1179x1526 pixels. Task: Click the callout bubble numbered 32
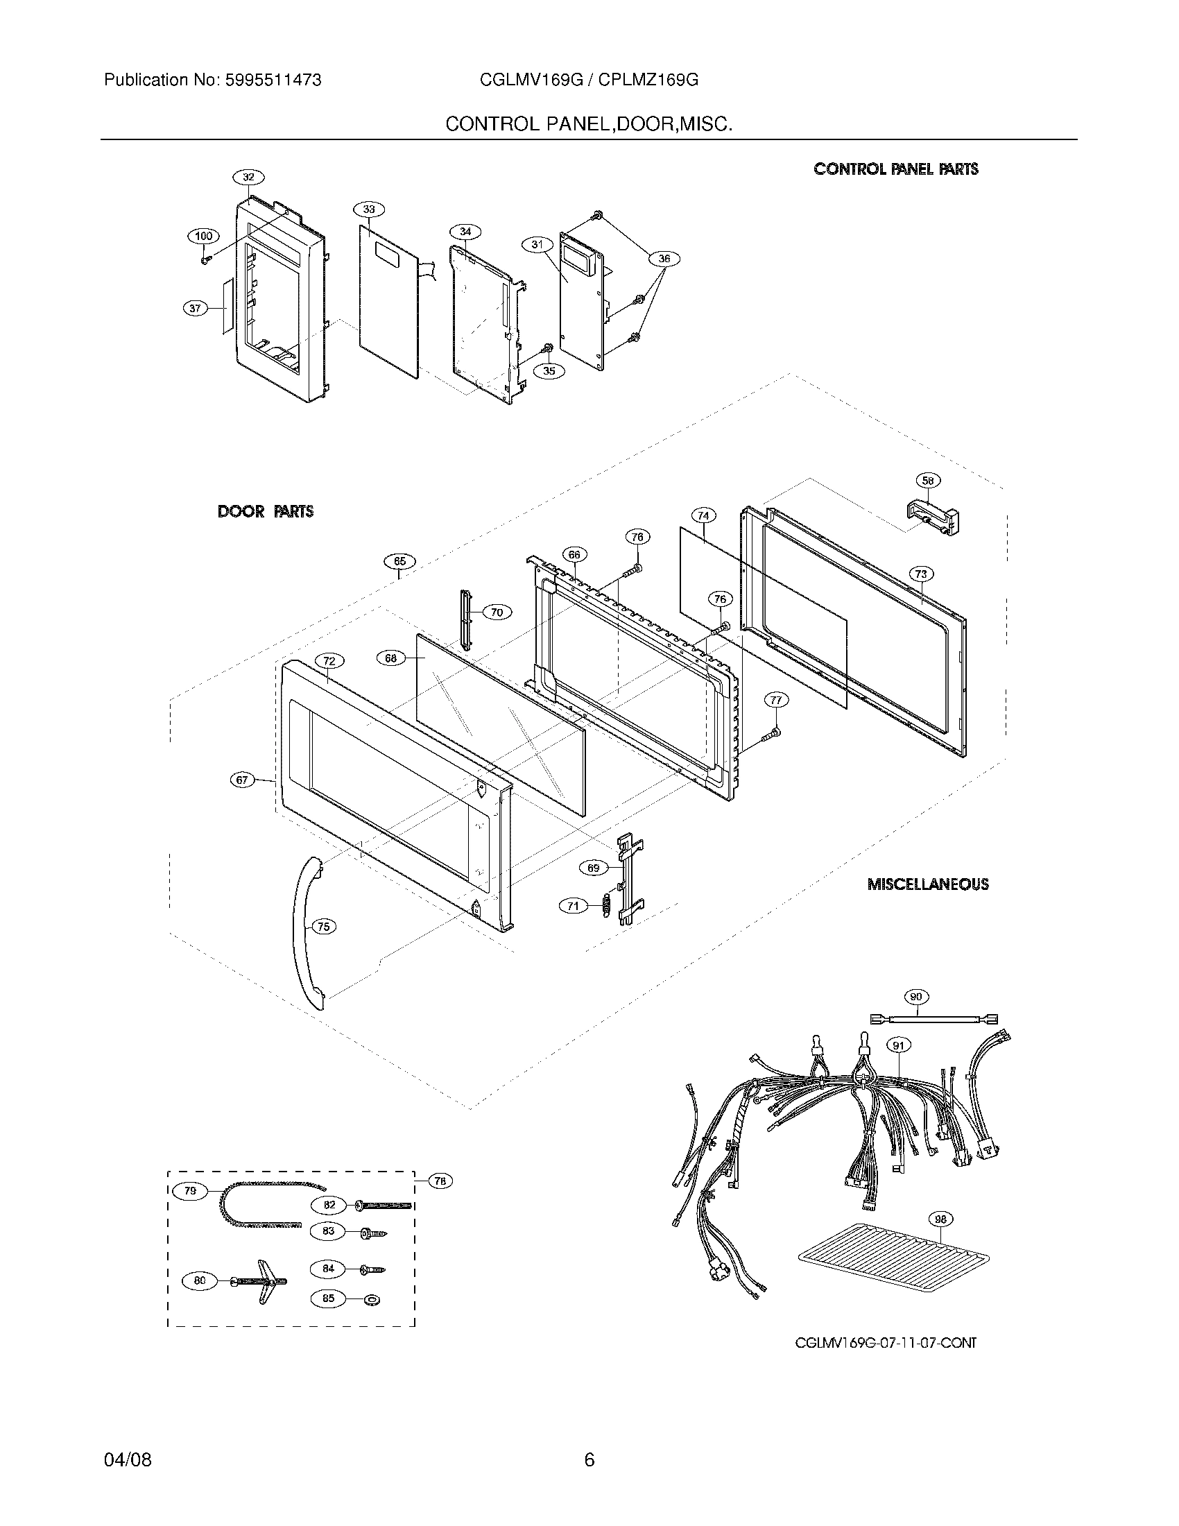click(x=249, y=177)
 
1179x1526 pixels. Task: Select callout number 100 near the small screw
click(x=203, y=236)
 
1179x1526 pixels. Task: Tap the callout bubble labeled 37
click(x=195, y=307)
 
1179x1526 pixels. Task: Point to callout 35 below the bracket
click(x=549, y=370)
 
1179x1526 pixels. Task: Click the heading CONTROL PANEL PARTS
click(x=895, y=169)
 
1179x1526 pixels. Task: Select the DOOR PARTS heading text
click(x=266, y=511)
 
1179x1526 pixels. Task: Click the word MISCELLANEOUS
click(x=927, y=884)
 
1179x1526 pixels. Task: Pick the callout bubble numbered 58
click(x=927, y=481)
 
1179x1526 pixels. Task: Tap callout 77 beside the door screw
click(x=775, y=699)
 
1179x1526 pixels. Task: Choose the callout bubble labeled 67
click(x=241, y=780)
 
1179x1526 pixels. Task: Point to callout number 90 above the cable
click(x=916, y=996)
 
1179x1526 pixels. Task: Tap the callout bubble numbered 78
click(x=439, y=1180)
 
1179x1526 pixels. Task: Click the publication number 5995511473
click(x=273, y=80)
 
